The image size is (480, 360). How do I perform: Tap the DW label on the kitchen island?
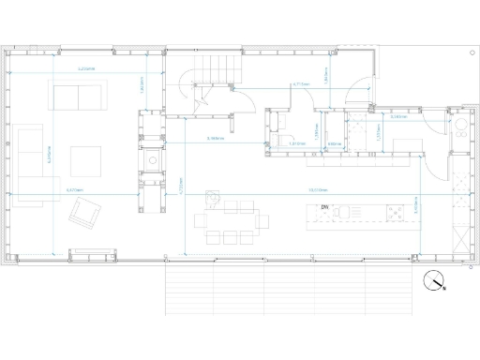(324, 207)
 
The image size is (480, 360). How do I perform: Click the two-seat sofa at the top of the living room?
(79, 97)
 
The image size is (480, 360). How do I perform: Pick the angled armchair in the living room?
(84, 215)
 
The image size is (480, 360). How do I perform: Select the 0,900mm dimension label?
(335, 143)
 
